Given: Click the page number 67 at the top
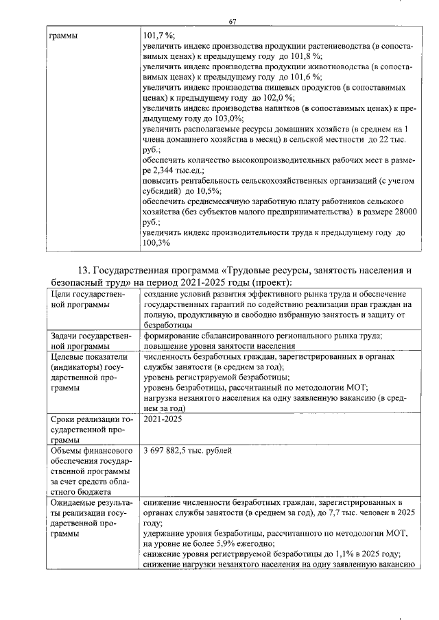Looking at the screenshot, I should pos(233,22).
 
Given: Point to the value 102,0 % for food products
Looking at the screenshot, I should pos(287,97).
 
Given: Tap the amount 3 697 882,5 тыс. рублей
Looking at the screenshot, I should pos(187,450).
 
